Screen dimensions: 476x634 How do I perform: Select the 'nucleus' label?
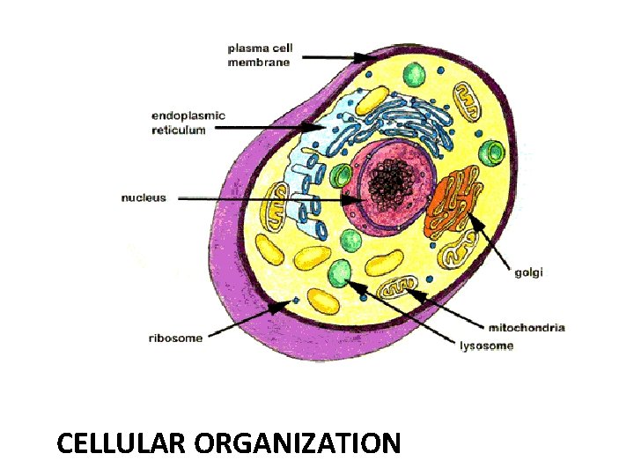tap(144, 197)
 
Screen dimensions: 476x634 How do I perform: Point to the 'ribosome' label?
tap(176, 338)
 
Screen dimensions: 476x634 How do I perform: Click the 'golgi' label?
tap(529, 273)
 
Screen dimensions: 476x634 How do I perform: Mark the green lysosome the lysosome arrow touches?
tap(340, 273)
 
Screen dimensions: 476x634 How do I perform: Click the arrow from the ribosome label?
tap(247, 318)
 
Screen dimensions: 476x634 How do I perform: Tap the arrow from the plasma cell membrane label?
tap(335, 56)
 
